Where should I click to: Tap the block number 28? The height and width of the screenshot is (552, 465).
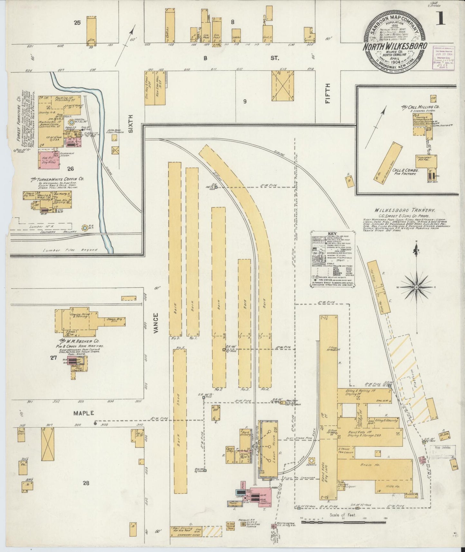coord(86,482)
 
